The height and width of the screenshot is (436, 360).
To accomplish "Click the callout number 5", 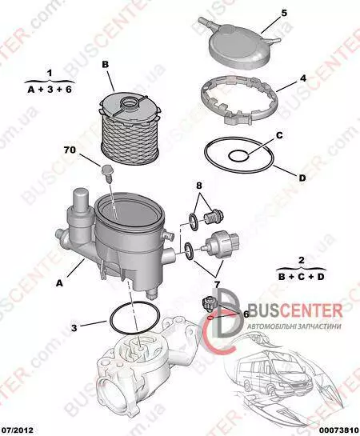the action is [x=284, y=13].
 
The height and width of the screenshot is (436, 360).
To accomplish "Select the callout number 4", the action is [x=302, y=78].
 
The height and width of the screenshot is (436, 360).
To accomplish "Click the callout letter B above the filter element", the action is [x=106, y=65].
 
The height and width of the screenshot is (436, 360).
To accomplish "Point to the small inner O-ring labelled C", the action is [x=238, y=156].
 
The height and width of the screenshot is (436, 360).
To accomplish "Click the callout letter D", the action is [x=302, y=178].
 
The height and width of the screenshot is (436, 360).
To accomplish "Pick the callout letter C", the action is [x=279, y=135].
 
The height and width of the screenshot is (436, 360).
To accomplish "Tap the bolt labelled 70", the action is [x=106, y=172].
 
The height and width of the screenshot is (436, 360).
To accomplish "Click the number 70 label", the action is [x=70, y=150].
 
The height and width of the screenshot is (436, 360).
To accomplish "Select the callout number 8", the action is [x=199, y=185].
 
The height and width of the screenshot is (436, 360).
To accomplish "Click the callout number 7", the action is [x=217, y=284].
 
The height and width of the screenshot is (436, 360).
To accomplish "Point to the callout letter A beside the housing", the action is [x=59, y=283].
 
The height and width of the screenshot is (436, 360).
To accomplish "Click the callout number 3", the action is [x=74, y=328].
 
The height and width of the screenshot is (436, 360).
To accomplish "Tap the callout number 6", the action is [x=246, y=314].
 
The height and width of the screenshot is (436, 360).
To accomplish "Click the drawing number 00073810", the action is [x=340, y=430].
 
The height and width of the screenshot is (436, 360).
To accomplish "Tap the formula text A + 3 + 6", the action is [x=50, y=90].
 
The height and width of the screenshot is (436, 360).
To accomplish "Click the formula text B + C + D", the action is [x=302, y=277].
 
